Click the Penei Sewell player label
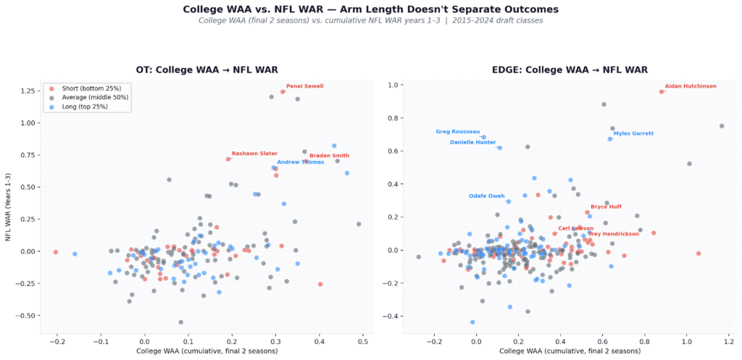(304, 85)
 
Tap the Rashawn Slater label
(254, 154)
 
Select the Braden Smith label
(329, 156)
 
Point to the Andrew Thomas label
(301, 162)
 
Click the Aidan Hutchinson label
(690, 85)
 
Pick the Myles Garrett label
(633, 133)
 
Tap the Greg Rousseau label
(457, 132)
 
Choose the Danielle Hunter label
(472, 142)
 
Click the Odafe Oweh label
(486, 196)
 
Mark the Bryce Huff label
(606, 206)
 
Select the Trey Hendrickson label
(613, 234)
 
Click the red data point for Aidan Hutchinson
(662, 92)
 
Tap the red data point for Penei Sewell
(283, 91)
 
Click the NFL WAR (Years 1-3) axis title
(9, 206)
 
